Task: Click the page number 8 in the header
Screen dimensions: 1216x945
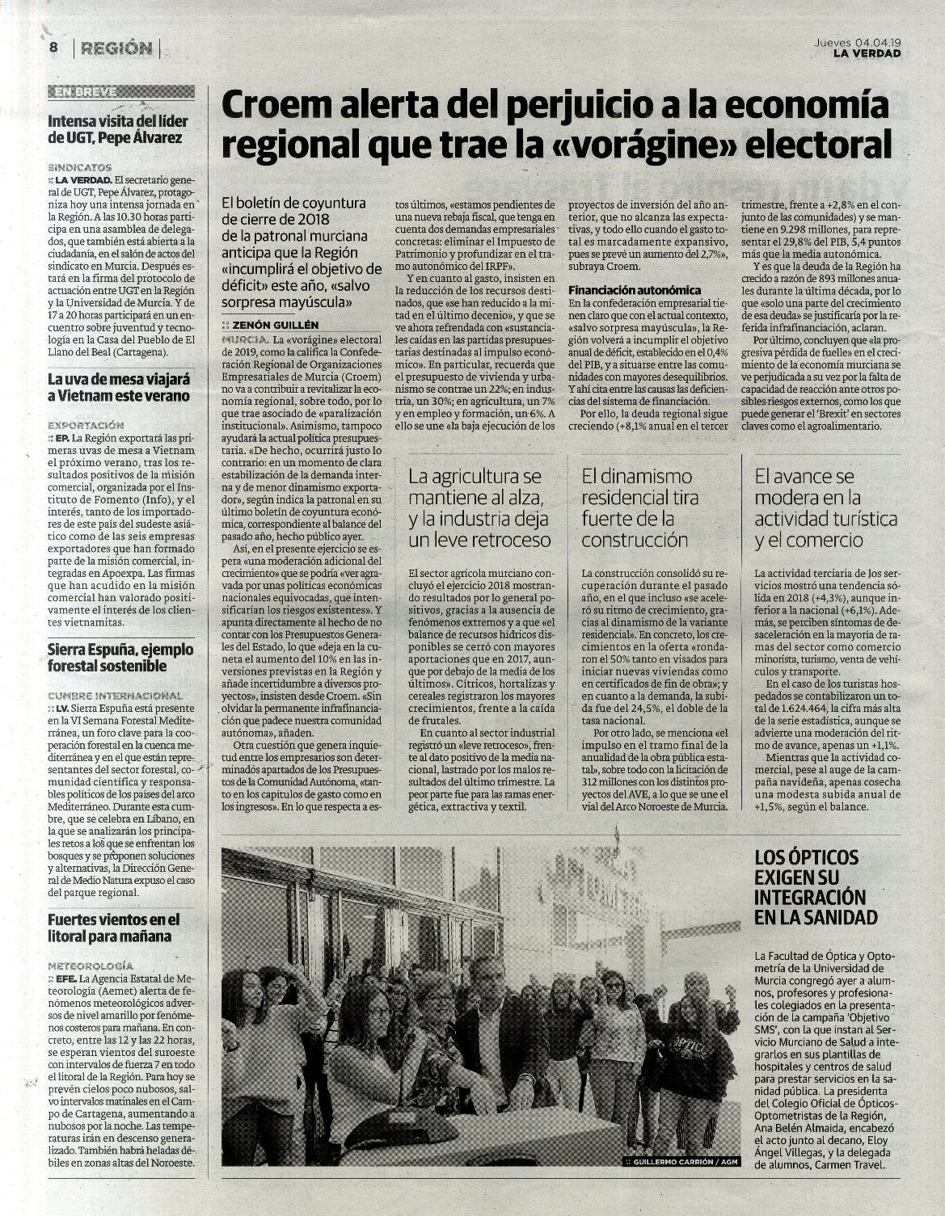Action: pyautogui.click(x=53, y=47)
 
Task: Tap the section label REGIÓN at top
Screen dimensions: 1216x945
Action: pyautogui.click(x=116, y=48)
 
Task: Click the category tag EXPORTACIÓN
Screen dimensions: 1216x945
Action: pyautogui.click(x=86, y=424)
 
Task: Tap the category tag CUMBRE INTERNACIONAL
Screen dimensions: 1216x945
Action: pyautogui.click(x=114, y=695)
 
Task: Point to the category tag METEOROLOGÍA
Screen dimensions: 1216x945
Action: pyautogui.click(x=90, y=966)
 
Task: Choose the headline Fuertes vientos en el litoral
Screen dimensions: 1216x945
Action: pyautogui.click(x=113, y=928)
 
